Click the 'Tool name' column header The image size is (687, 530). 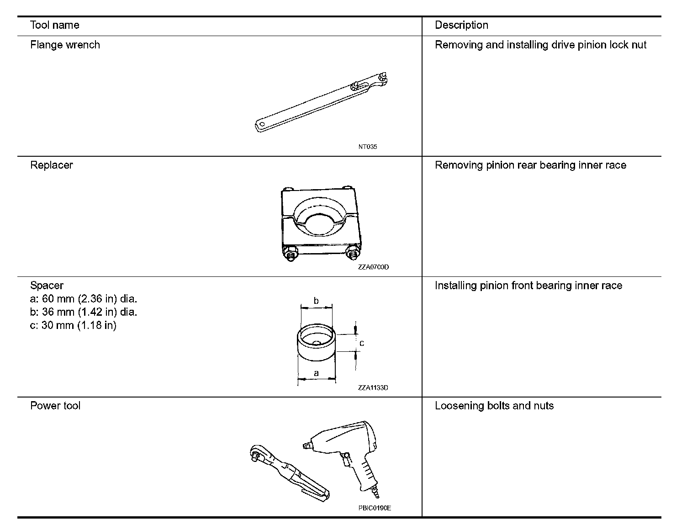54,25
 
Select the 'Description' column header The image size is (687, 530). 461,25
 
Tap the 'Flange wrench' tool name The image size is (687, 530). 65,45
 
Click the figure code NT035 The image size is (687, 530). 368,147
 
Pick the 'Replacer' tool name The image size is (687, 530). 52,165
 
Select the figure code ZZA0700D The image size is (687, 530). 373,267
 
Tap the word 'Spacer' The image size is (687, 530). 47,286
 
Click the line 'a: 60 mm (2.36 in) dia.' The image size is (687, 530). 84,299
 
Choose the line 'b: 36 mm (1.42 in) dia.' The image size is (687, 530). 84,312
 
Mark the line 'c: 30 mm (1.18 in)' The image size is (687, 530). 73,325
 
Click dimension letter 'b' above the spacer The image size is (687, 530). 316,301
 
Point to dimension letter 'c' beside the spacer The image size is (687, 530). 362,343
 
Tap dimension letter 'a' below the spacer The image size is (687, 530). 316,373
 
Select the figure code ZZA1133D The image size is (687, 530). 373,388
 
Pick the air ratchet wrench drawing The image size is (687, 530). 288,473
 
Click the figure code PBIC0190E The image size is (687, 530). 375,508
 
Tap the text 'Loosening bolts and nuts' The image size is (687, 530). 494,406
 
